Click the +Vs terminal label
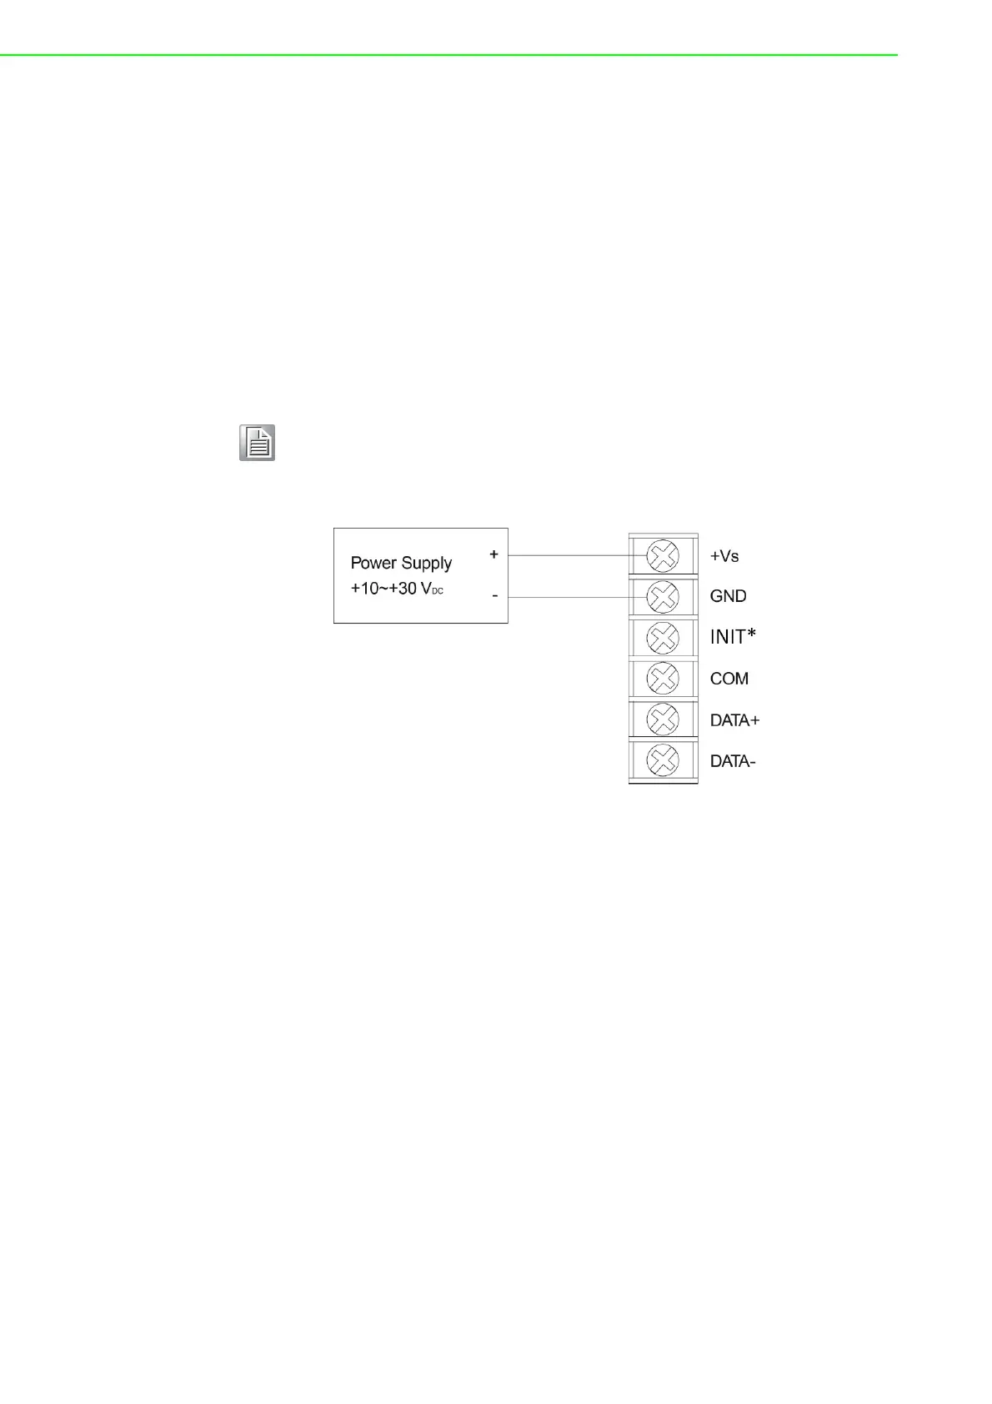[724, 556]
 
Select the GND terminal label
[728, 596]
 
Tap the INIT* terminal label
[733, 637]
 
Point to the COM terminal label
[729, 679]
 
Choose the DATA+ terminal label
[734, 720]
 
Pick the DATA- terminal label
[732, 761]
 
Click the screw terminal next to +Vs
[663, 556]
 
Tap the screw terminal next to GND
[663, 597]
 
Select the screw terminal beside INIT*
[663, 638]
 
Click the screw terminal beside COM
[663, 679]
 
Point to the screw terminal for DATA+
[663, 720]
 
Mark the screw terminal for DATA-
[663, 760]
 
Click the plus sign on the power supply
[493, 554]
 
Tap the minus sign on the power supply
[494, 596]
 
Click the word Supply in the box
[426, 564]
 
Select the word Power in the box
[373, 563]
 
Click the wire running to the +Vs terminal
[575, 555]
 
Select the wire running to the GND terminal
[575, 597]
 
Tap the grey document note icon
[258, 443]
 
